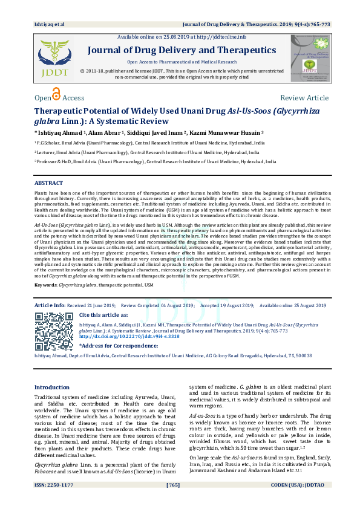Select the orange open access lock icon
(x=56, y=95)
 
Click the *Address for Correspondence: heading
(x=117, y=345)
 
